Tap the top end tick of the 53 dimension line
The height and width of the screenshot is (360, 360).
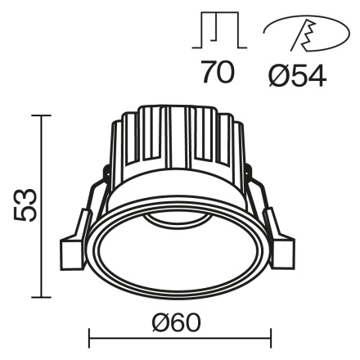point(41,115)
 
